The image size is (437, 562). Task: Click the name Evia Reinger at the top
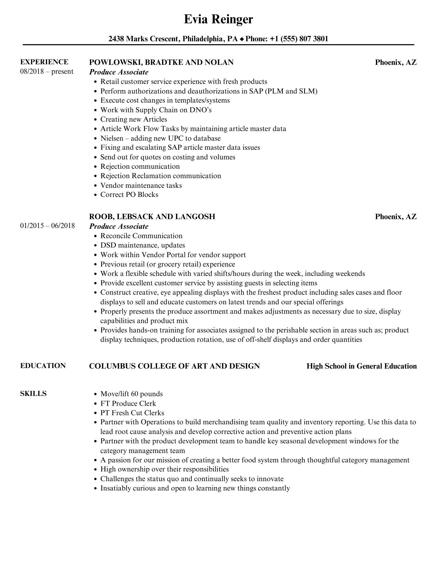[218, 19]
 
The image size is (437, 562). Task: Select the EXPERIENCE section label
[44, 62]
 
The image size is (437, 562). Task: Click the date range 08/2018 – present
[47, 72]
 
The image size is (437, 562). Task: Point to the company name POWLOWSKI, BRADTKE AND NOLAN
[161, 62]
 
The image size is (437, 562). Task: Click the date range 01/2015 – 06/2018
[47, 226]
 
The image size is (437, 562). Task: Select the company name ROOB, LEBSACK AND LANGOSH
[152, 216]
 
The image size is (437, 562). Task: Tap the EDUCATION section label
[43, 366]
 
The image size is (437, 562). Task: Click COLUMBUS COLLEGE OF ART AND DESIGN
[174, 366]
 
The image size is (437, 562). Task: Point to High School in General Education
[361, 366]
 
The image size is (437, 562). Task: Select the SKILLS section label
[33, 394]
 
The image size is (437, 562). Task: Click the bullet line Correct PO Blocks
[129, 194]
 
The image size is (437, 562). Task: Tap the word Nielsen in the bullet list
[112, 138]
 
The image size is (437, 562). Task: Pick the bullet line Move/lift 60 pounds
[131, 394]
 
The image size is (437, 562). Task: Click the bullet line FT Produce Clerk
[128, 403]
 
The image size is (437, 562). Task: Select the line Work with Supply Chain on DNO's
[156, 110]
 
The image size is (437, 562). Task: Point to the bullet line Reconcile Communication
[141, 236]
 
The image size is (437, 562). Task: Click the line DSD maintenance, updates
[142, 245]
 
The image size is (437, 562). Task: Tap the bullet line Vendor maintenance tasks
[141, 185]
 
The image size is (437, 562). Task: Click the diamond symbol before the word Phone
[242, 39]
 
